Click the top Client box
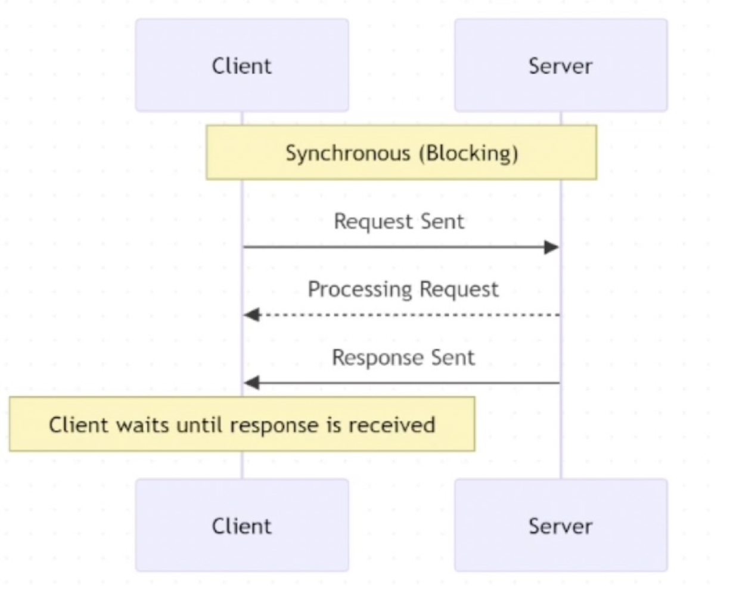241,65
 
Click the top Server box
560,65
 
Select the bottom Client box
241,525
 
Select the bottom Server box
560,525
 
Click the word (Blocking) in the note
468,153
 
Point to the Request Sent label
399,221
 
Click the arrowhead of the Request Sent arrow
552,247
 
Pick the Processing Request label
403,290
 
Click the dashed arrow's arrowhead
251,315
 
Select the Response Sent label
403,358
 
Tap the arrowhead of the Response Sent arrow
251,383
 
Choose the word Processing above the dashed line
361,290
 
